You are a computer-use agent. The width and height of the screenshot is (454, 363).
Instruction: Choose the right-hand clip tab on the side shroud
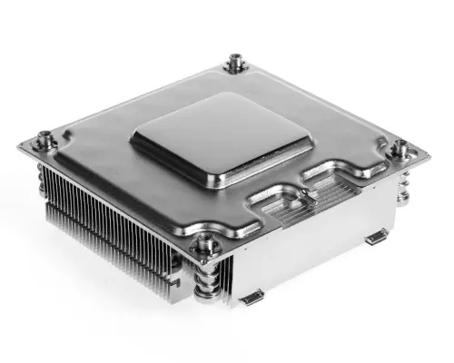pyautogui.click(x=373, y=239)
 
